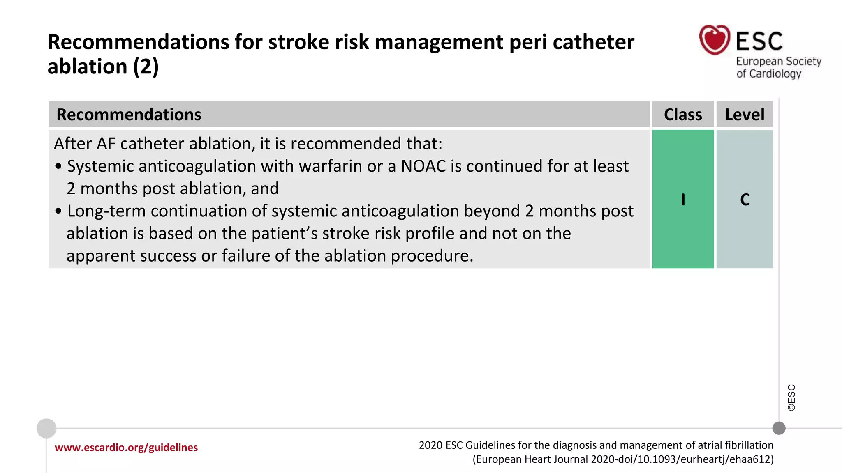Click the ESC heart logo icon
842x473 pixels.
715,40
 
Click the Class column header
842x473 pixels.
683,115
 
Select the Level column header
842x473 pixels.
745,115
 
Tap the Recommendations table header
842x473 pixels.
129,115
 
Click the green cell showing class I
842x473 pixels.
683,200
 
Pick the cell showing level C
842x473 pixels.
745,200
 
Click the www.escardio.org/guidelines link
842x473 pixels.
126,448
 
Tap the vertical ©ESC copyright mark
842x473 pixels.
791,397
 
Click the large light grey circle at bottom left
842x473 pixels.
46,429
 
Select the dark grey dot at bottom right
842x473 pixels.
779,428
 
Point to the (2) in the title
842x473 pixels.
146,67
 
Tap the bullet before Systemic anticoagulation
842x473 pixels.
58,167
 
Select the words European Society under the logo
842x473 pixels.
778,61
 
